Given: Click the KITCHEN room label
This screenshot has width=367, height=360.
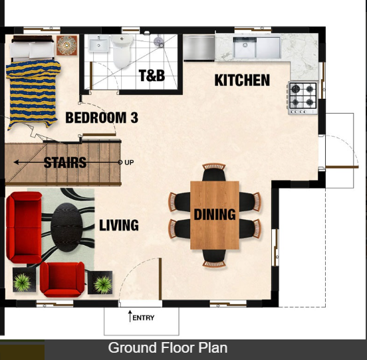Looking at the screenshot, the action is pyautogui.click(x=242, y=80).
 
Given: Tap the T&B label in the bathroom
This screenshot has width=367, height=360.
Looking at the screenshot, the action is pyautogui.click(x=152, y=76).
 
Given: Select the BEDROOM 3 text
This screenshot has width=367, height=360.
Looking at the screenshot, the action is pyautogui.click(x=102, y=118).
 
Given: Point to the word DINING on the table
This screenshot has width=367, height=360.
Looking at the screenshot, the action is pyautogui.click(x=215, y=215).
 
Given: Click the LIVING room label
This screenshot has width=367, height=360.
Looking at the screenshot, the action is pyautogui.click(x=119, y=225).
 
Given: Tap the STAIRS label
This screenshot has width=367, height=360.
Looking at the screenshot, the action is pyautogui.click(x=65, y=163).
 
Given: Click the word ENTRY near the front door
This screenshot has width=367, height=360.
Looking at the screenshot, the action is pyautogui.click(x=143, y=317).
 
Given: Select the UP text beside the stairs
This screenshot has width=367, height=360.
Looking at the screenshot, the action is pyautogui.click(x=129, y=162).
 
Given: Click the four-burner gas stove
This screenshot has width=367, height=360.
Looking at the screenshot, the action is pyautogui.click(x=303, y=98).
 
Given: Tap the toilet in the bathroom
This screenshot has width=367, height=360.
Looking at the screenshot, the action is pyautogui.click(x=122, y=50).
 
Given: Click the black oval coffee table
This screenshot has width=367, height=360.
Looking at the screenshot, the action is pyautogui.click(x=66, y=227).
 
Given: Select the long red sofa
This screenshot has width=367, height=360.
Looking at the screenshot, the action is pyautogui.click(x=24, y=227).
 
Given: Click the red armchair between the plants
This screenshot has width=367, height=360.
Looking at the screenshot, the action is pyautogui.click(x=62, y=280).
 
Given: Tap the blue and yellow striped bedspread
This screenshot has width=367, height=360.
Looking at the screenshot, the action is pyautogui.click(x=33, y=94).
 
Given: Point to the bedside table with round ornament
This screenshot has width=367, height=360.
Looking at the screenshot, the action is pyautogui.click(x=66, y=45).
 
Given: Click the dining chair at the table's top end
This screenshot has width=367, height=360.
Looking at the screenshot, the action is pyautogui.click(x=214, y=172).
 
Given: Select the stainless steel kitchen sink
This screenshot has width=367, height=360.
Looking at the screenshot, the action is pyautogui.click(x=257, y=47).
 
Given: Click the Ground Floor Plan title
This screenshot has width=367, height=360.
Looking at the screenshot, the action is pyautogui.click(x=168, y=348).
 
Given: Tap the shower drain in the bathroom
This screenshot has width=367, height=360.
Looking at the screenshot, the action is pyautogui.click(x=159, y=42).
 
